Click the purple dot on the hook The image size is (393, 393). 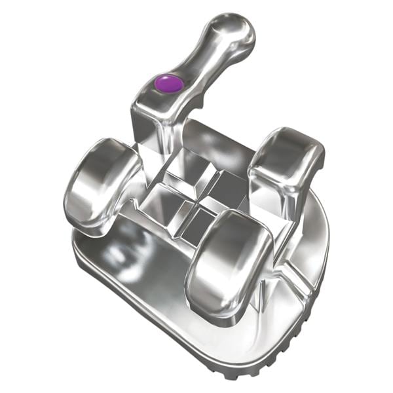[x=169, y=83]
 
